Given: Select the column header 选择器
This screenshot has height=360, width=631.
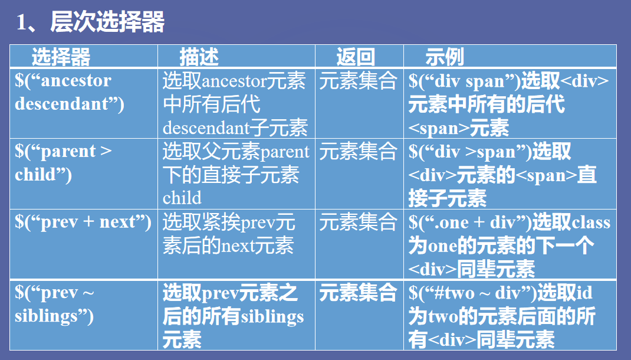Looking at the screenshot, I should (x=61, y=57).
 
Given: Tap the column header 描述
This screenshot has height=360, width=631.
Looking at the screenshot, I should (x=199, y=57).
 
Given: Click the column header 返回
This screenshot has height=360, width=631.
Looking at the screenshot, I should (x=356, y=57).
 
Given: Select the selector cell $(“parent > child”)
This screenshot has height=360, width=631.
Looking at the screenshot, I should (x=63, y=163).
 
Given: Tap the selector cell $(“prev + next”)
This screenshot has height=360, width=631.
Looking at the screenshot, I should (x=83, y=222).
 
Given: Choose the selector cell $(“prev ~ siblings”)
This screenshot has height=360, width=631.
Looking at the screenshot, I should (x=54, y=305).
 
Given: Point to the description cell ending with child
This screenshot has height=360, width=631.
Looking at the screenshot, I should (x=235, y=174).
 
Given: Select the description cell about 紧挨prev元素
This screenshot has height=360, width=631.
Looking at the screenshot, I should (x=229, y=234).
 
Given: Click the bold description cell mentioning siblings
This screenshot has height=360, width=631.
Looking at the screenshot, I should (x=234, y=316).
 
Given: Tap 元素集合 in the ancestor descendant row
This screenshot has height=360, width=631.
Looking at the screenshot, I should (x=358, y=81).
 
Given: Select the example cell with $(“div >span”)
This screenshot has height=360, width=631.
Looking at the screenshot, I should (x=502, y=175).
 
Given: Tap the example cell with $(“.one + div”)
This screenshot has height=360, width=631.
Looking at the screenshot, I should (x=510, y=246).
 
